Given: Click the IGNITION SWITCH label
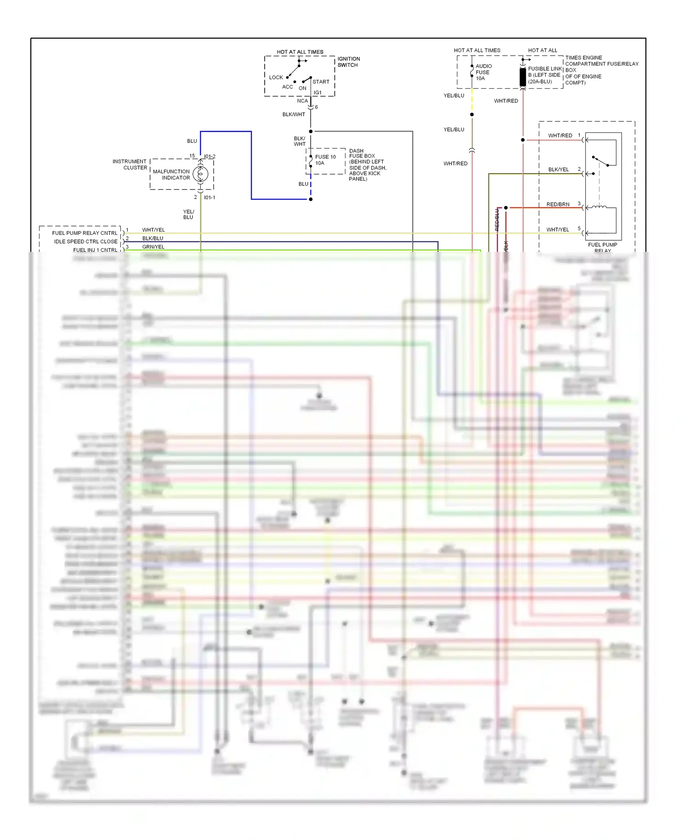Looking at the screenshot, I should point(349,62).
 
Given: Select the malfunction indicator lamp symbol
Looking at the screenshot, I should point(200,174).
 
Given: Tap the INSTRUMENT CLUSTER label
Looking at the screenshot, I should point(130,165).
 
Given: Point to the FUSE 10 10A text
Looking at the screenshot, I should point(325,160).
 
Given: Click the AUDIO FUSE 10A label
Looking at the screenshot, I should point(483,72).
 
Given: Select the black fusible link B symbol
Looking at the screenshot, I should point(523,77).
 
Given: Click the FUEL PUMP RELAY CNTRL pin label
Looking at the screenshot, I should point(85,233).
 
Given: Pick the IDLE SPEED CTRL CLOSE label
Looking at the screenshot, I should point(85,242).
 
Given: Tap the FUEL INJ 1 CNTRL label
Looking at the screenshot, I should point(95,250).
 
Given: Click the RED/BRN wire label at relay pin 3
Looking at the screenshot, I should point(558,204).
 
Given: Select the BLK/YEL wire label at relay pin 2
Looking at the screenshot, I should point(558,170).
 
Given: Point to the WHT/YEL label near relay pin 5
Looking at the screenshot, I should point(557,230).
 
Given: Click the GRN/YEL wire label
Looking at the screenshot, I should point(153,247).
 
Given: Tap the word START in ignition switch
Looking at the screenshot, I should point(321,82).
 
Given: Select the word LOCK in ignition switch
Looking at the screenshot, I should point(276,78).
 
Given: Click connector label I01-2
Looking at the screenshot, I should point(209,157).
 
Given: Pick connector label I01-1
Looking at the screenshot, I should point(209,198).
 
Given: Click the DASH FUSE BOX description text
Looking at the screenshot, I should point(367,165).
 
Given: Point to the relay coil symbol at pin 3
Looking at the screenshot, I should point(599,208).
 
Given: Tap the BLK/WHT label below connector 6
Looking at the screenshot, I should point(294,114).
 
